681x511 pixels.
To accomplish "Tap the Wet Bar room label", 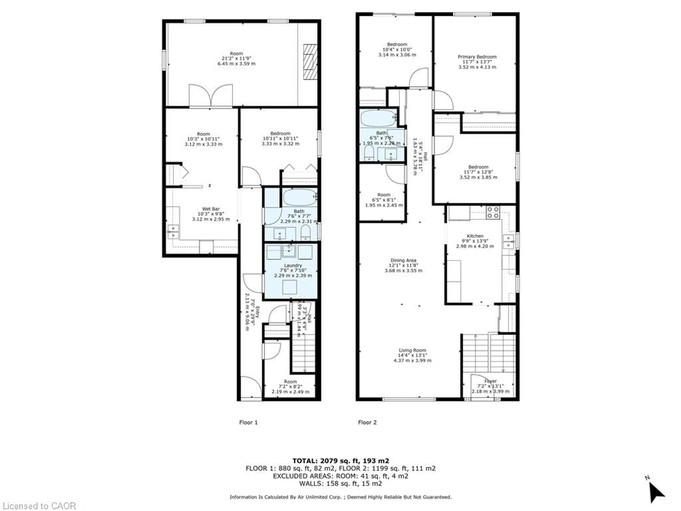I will click(211, 209).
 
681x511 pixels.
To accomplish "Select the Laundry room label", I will click(293, 265).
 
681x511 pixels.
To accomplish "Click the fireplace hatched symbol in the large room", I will click(310, 62).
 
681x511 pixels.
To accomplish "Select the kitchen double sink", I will click(508, 241).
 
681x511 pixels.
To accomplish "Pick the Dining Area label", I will click(403, 260).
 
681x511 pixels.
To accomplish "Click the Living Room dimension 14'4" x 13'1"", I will click(412, 355).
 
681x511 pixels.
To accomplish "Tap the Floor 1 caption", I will click(248, 422).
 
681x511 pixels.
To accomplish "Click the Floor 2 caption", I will click(367, 422).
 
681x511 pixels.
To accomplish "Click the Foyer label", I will click(490, 381).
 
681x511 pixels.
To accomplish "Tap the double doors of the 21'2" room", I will click(211, 96).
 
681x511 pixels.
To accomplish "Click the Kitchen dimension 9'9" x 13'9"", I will click(475, 241).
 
